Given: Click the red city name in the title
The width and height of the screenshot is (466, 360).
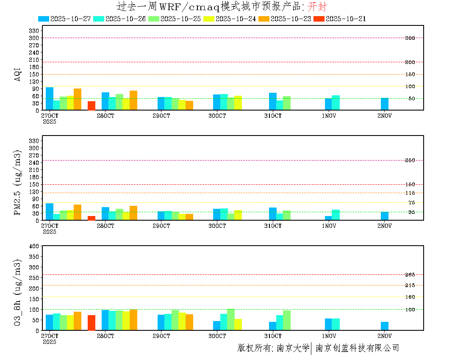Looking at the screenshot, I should pos(316,6).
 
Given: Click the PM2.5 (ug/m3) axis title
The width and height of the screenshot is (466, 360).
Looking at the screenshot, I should pos(18,183).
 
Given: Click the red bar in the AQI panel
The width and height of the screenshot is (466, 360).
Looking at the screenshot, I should pos(92,105).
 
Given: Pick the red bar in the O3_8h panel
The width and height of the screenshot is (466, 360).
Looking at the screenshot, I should pos(92,322).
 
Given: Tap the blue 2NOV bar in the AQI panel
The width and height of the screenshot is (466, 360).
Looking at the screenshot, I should pos(385,104).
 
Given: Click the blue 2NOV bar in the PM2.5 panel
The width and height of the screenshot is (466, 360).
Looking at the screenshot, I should pos(385,216).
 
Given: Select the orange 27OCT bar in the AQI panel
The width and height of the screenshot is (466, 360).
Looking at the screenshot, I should pos(78,99).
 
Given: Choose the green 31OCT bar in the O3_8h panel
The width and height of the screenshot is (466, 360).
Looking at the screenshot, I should pos(287,320).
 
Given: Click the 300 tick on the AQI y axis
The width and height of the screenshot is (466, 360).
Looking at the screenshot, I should pos(33,38).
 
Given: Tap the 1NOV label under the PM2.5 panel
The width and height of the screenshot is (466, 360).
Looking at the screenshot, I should pos(329,226).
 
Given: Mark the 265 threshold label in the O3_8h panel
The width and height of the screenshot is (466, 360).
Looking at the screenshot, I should pos(410,275).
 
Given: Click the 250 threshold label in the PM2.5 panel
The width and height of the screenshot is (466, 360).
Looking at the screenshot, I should pos(410,160).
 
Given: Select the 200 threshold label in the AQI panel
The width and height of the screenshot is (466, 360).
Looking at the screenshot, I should pos(410,62).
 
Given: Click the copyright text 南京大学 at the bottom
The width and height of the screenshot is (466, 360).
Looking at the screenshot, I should pos(293,348).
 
